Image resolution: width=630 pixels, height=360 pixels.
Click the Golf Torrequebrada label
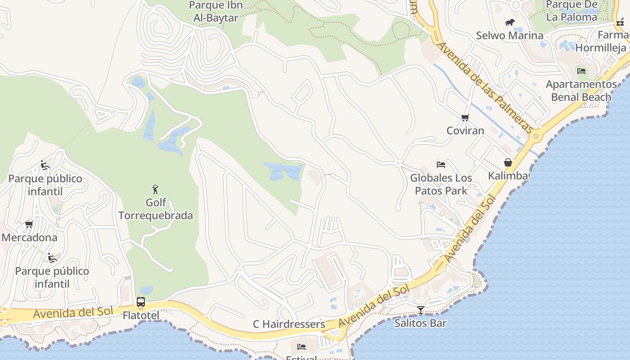pyautogui.click(x=156, y=209)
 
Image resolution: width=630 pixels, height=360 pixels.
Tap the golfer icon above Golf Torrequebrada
pyautogui.click(x=156, y=189)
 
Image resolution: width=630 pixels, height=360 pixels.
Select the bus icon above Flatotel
pyautogui.click(x=141, y=302)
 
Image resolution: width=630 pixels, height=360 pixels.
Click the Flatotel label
pyautogui.click(x=141, y=315)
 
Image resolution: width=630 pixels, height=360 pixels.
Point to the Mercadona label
pyautogui.click(x=30, y=237)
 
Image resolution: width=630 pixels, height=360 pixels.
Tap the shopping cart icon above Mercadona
pyautogui.click(x=29, y=224)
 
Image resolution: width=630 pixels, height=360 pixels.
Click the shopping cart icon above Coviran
pyautogui.click(x=465, y=118)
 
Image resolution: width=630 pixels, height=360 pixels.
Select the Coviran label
pyautogui.click(x=465, y=130)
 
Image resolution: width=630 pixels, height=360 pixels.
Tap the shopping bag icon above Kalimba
pyautogui.click(x=508, y=162)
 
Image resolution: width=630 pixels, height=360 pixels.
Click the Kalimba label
pyautogui.click(x=508, y=175)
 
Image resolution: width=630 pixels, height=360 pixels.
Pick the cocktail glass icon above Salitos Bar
pyautogui.click(x=421, y=310)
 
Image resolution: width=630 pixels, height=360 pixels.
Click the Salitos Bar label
pyautogui.click(x=421, y=323)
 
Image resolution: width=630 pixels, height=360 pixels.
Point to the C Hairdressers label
pyautogui.click(x=289, y=324)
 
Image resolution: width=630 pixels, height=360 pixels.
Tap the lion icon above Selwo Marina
pyautogui.click(x=510, y=22)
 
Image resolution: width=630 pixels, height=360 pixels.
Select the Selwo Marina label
pyautogui.click(x=510, y=35)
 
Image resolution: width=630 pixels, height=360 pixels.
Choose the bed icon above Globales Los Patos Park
pyautogui.click(x=441, y=165)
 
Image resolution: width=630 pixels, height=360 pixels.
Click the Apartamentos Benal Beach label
pyautogui.click(x=581, y=90)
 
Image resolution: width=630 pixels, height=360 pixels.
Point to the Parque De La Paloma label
pyautogui.click(x=571, y=11)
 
